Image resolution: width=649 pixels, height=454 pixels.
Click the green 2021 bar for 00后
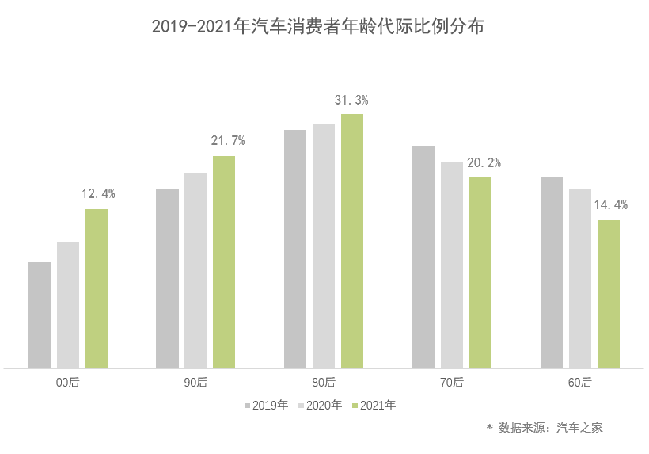pyautogui.click(x=96, y=288)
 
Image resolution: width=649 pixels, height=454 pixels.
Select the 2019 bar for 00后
pyautogui.click(x=40, y=315)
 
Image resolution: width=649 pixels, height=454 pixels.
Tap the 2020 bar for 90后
pyautogui.click(x=195, y=270)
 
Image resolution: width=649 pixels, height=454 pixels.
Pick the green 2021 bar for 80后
pyautogui.click(x=352, y=241)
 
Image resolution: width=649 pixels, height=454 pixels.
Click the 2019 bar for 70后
pyautogui.click(x=423, y=257)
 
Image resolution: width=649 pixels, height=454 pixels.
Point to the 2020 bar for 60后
pyautogui.click(x=580, y=278)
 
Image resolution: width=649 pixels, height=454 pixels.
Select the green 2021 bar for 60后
pyautogui.click(x=609, y=294)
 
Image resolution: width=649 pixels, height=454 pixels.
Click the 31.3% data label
pyautogui.click(x=351, y=101)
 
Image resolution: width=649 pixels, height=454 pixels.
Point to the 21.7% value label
pyautogui.click(x=227, y=141)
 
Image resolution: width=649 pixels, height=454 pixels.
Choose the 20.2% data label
pyautogui.click(x=484, y=163)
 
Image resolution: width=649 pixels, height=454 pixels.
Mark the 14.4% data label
pyautogui.click(x=610, y=205)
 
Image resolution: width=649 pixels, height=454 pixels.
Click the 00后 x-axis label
pyautogui.click(x=68, y=383)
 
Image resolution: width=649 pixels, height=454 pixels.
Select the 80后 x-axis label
pyautogui.click(x=324, y=383)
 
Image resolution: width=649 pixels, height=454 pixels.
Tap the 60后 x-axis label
pyautogui.click(x=579, y=383)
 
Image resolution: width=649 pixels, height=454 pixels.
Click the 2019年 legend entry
pyautogui.click(x=266, y=406)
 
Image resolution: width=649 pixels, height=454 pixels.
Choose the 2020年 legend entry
pyautogui.click(x=320, y=406)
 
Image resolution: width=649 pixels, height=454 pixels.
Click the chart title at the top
pyautogui.click(x=317, y=27)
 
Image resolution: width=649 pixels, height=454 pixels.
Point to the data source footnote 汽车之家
pyautogui.click(x=545, y=428)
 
